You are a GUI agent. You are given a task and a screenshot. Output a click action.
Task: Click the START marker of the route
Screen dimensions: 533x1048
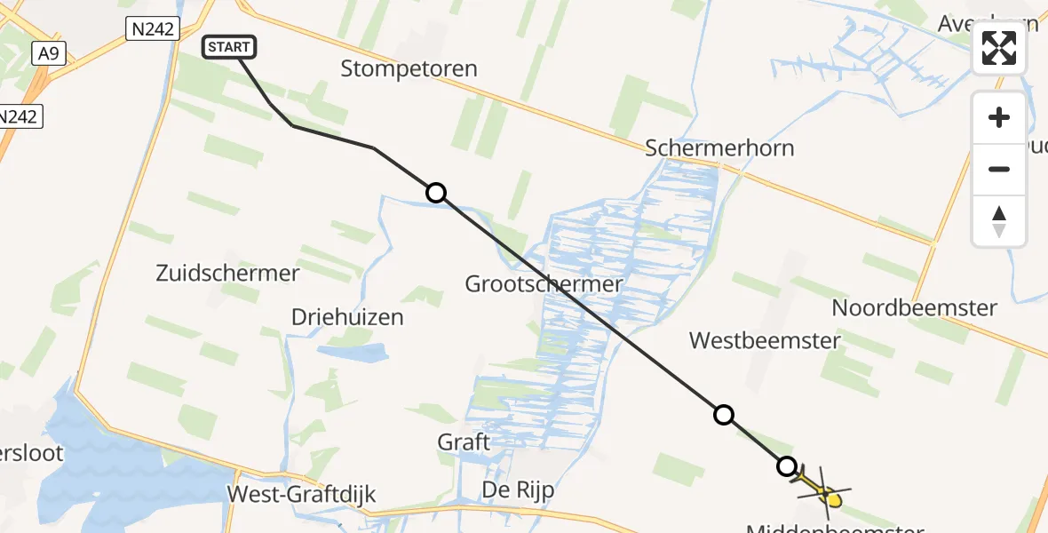tap(230, 47)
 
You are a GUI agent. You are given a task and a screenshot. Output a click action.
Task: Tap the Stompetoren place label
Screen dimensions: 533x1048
tap(409, 68)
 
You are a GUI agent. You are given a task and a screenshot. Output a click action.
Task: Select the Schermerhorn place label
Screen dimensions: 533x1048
tap(719, 147)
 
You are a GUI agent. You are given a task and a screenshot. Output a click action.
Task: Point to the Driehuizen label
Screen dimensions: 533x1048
tap(347, 317)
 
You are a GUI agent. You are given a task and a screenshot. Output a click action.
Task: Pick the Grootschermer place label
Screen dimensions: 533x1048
tap(544, 284)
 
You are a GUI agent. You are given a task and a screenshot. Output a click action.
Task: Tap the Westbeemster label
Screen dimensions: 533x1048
tap(752, 339)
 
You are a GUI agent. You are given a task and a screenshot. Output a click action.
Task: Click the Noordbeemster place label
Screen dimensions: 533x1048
tap(914, 308)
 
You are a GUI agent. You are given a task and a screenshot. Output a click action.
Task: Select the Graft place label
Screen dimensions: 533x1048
tap(464, 442)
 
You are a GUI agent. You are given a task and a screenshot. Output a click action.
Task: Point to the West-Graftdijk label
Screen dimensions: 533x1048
tap(302, 495)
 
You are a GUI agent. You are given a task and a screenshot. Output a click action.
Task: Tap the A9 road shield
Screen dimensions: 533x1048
tap(48, 54)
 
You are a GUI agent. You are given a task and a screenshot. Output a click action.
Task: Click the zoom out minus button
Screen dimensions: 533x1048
tap(999, 169)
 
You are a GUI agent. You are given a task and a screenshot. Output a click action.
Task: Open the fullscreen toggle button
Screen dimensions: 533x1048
tap(999, 48)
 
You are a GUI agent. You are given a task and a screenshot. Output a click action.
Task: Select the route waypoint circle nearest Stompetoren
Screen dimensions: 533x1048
tap(435, 193)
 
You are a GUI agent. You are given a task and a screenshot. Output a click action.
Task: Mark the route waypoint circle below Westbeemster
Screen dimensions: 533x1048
tap(724, 414)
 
